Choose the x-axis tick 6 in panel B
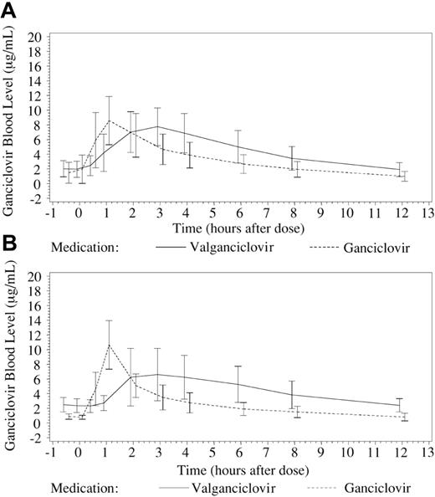[x=238, y=453]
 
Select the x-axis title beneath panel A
[x=238, y=228]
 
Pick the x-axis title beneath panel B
[x=238, y=467]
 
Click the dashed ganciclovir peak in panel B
[x=109, y=345]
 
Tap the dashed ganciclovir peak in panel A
[x=109, y=120]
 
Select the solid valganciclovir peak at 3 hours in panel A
[x=158, y=126]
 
